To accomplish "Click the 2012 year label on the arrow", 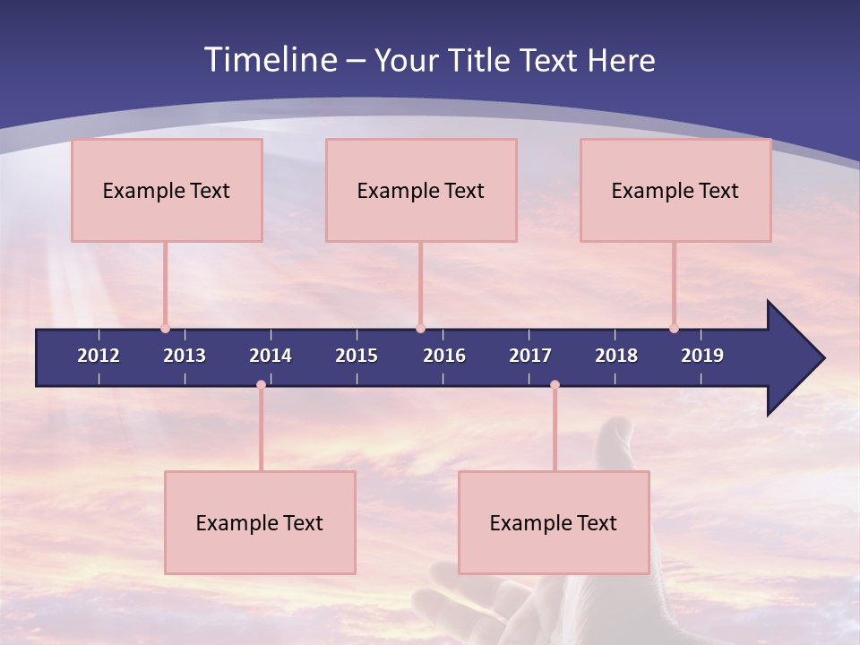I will (99, 356).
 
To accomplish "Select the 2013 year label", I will (185, 356).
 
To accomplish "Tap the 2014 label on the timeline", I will (271, 356).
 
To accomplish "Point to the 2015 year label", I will (357, 356).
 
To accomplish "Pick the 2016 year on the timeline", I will (444, 356).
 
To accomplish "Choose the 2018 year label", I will (616, 356).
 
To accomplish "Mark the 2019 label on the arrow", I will (702, 356).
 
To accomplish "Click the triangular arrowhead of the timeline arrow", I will (794, 358).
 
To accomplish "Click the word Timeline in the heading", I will (269, 60).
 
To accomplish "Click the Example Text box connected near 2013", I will (167, 190).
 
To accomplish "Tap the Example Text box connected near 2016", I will (421, 190).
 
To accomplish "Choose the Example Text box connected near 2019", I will (675, 190).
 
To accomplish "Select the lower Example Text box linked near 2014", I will (260, 522).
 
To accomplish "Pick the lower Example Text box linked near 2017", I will (554, 522).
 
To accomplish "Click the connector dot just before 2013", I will (165, 329).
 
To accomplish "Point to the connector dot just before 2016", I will (420, 329).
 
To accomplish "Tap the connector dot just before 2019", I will (674, 329).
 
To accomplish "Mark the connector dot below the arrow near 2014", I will (261, 385).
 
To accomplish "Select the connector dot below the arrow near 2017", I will (555, 385).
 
